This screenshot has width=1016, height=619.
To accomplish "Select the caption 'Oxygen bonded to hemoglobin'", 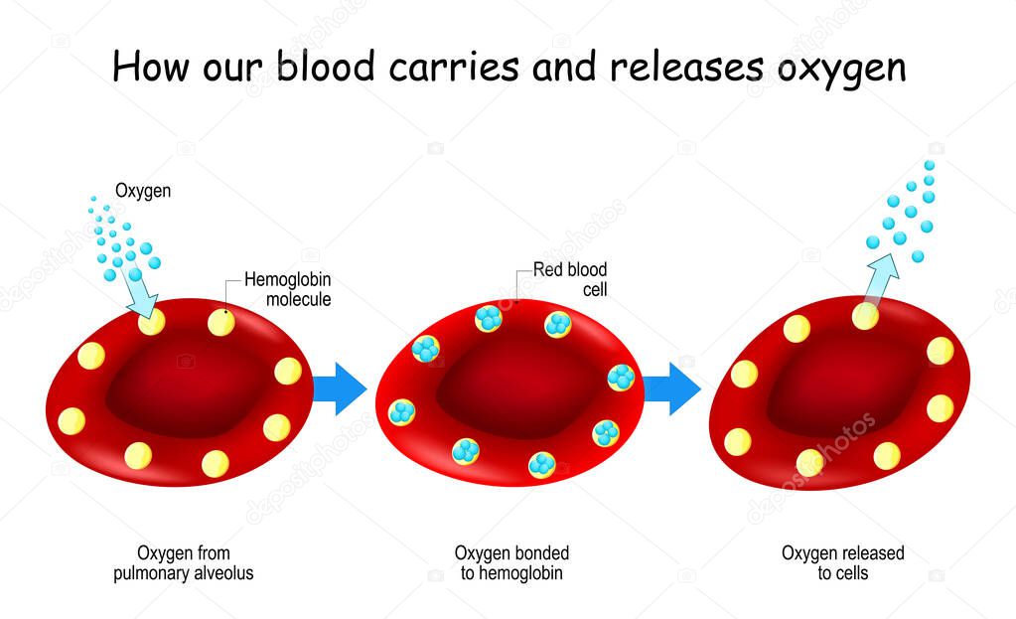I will pos(511,563).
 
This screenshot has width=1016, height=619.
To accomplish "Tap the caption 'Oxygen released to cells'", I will pos(842,563).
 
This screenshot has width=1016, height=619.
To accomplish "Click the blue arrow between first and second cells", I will pos(340,388).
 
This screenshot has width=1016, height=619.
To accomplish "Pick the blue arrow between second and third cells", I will pos(671,388).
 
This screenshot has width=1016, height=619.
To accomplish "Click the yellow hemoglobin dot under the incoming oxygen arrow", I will pos(151,321).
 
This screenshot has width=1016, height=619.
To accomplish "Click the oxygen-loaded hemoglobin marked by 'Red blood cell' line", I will pos(489,318).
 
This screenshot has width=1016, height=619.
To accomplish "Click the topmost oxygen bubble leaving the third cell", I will pos(931,165).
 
